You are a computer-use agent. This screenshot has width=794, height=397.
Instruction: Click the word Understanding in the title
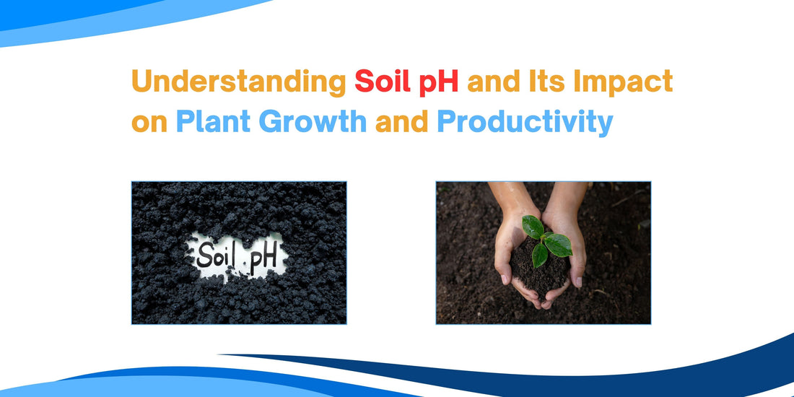coord(238,82)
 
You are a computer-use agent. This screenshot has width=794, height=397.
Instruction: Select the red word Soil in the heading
coord(383,82)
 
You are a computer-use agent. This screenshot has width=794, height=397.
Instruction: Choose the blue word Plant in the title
coord(213,122)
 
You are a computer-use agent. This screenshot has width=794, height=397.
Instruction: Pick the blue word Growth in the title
coord(313,122)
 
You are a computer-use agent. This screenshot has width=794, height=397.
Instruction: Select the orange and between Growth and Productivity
coord(401,122)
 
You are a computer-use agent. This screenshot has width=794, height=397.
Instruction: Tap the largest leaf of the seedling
coord(559,245)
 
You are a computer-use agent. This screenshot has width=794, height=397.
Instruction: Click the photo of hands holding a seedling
coord(544,253)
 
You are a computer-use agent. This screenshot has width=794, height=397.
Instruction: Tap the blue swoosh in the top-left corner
coord(101,18)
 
